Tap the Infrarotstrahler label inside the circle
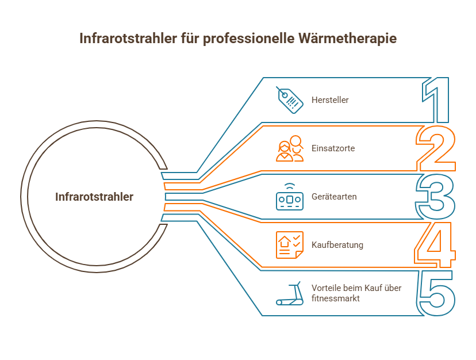(94, 197)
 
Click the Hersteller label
(330, 100)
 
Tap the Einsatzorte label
(333, 148)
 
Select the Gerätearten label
(334, 197)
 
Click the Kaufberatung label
(337, 245)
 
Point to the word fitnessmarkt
(336, 298)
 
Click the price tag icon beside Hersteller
(289, 100)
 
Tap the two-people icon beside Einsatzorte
(289, 148)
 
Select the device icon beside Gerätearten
(289, 197)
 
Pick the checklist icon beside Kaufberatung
(289, 245)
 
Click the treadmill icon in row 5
(289, 293)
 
